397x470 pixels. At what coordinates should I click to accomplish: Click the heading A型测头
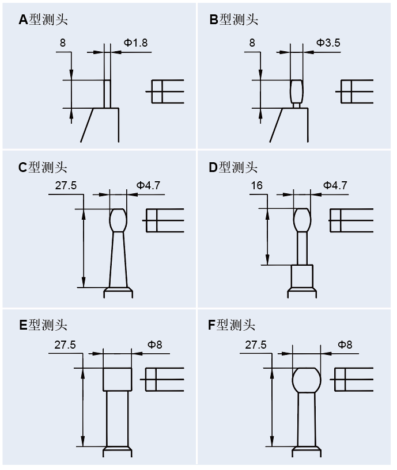(x=43, y=20)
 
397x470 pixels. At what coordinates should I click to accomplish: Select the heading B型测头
(x=233, y=20)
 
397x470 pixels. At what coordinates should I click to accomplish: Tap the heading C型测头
(x=43, y=167)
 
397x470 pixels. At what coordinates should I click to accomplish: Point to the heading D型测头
(x=233, y=167)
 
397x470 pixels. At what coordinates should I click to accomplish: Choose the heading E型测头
(x=43, y=325)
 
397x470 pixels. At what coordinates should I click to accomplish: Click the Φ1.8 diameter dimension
(x=136, y=43)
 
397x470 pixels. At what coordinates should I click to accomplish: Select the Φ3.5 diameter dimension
(x=328, y=43)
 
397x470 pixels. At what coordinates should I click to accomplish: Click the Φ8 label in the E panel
(x=155, y=345)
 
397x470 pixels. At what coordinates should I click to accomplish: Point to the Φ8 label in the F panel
(x=345, y=345)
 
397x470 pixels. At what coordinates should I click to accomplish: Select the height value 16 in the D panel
(x=257, y=185)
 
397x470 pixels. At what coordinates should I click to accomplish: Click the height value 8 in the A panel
(x=62, y=43)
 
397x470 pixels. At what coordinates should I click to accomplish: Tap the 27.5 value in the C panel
(x=66, y=185)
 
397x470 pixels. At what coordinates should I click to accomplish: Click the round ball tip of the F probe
(x=306, y=380)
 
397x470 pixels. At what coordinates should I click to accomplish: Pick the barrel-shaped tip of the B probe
(x=296, y=91)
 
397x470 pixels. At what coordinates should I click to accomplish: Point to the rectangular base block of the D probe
(x=301, y=277)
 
